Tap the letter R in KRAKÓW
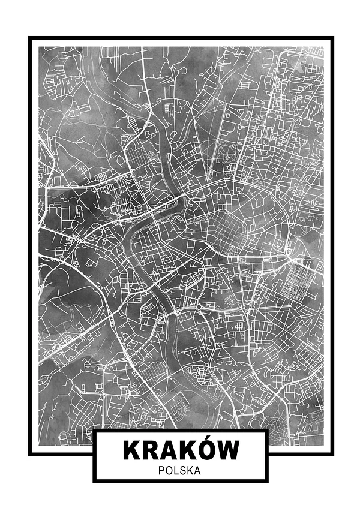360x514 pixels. [152, 450]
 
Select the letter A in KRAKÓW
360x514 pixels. [171, 450]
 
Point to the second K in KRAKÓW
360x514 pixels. [191, 450]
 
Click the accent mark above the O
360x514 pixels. [211, 439]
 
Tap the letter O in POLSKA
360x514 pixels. [169, 471]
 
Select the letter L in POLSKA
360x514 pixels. [176, 471]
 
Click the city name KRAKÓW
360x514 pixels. [181, 450]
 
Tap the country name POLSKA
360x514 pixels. [179, 471]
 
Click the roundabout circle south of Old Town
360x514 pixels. [197, 308]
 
